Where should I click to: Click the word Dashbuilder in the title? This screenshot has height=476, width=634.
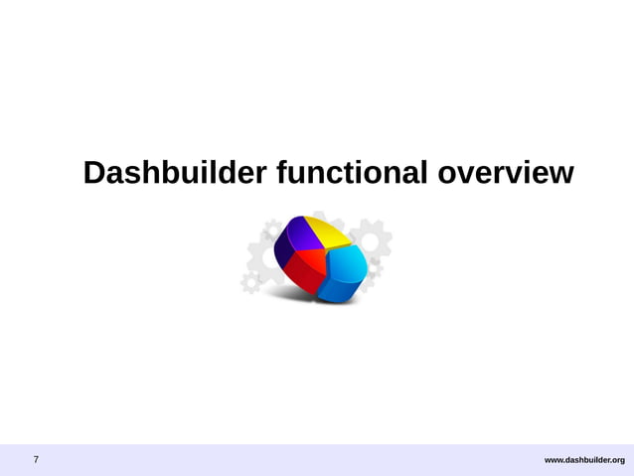(174, 173)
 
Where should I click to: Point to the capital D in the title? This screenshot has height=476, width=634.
(94, 173)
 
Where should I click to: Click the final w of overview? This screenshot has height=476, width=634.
(561, 175)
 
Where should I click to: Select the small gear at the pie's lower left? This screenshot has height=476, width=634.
(251, 283)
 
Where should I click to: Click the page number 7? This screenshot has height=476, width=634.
(37, 460)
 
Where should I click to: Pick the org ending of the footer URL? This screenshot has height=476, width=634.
(617, 460)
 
